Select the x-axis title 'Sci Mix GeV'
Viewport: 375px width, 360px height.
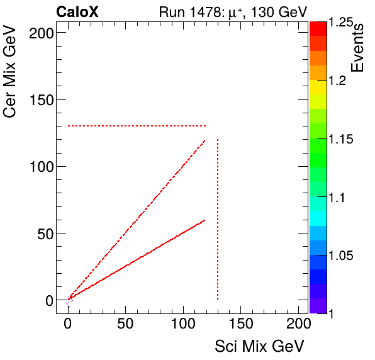tap(259, 346)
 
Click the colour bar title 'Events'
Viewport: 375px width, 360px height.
tap(359, 48)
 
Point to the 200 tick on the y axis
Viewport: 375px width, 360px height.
tap(39, 33)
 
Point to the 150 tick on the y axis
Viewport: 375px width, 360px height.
tap(39, 99)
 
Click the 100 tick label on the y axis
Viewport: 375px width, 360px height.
tap(39, 167)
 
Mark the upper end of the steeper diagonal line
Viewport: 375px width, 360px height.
tap(205, 140)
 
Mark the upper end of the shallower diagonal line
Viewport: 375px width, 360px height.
tap(205, 220)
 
